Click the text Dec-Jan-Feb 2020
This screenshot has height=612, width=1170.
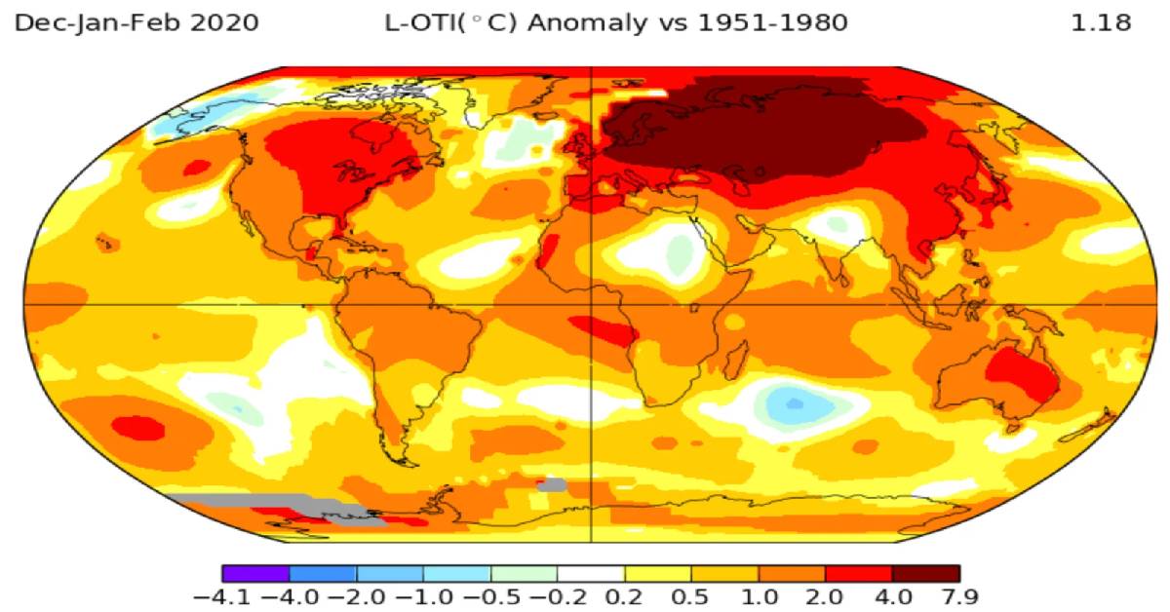[x=137, y=22]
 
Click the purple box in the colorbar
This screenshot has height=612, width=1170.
[x=255, y=573]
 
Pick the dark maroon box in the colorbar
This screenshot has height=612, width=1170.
[x=925, y=573]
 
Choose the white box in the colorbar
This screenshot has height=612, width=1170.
[x=591, y=573]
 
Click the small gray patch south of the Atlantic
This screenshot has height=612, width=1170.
[x=552, y=484]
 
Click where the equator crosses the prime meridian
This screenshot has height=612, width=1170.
[x=592, y=305]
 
